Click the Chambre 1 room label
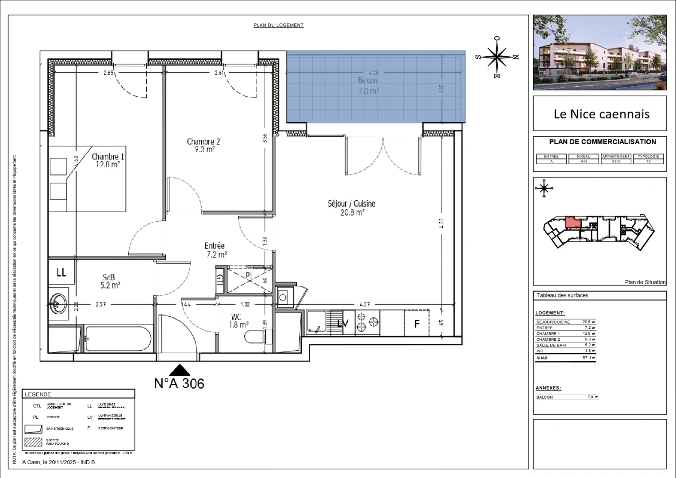click(108, 161)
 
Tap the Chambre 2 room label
click(203, 146)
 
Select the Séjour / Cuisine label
click(351, 208)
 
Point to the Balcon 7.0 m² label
click(368, 86)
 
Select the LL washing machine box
click(61, 273)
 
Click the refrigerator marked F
click(416, 324)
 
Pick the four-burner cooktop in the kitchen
click(368, 323)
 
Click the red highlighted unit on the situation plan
click(572, 222)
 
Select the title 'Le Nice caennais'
click(601, 114)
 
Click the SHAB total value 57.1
click(587, 358)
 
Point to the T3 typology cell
click(648, 162)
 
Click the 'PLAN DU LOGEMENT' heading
click(278, 25)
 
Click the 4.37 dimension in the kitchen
click(365, 304)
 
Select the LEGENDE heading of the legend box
click(38, 394)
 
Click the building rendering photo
click(599, 52)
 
